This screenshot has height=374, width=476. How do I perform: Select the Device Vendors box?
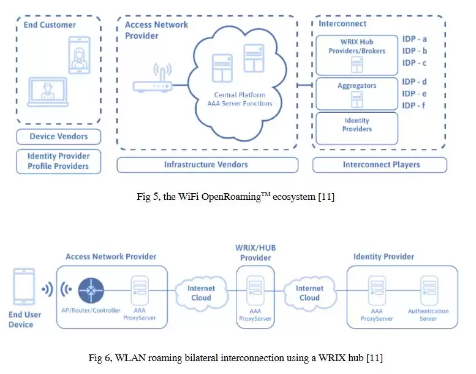(x=59, y=137)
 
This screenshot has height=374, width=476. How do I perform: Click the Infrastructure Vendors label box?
(x=207, y=164)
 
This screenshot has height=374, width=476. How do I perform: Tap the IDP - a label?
(x=415, y=39)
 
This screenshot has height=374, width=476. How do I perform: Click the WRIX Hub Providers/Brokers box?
(x=357, y=54)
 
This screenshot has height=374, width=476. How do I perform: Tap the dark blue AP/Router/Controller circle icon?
(x=91, y=289)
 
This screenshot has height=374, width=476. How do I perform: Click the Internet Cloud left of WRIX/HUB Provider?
(x=200, y=292)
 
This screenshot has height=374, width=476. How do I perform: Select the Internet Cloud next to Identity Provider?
(x=309, y=292)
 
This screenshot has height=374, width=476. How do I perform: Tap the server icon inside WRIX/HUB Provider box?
(x=255, y=290)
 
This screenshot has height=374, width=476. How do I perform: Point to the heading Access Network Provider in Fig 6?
(x=111, y=256)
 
